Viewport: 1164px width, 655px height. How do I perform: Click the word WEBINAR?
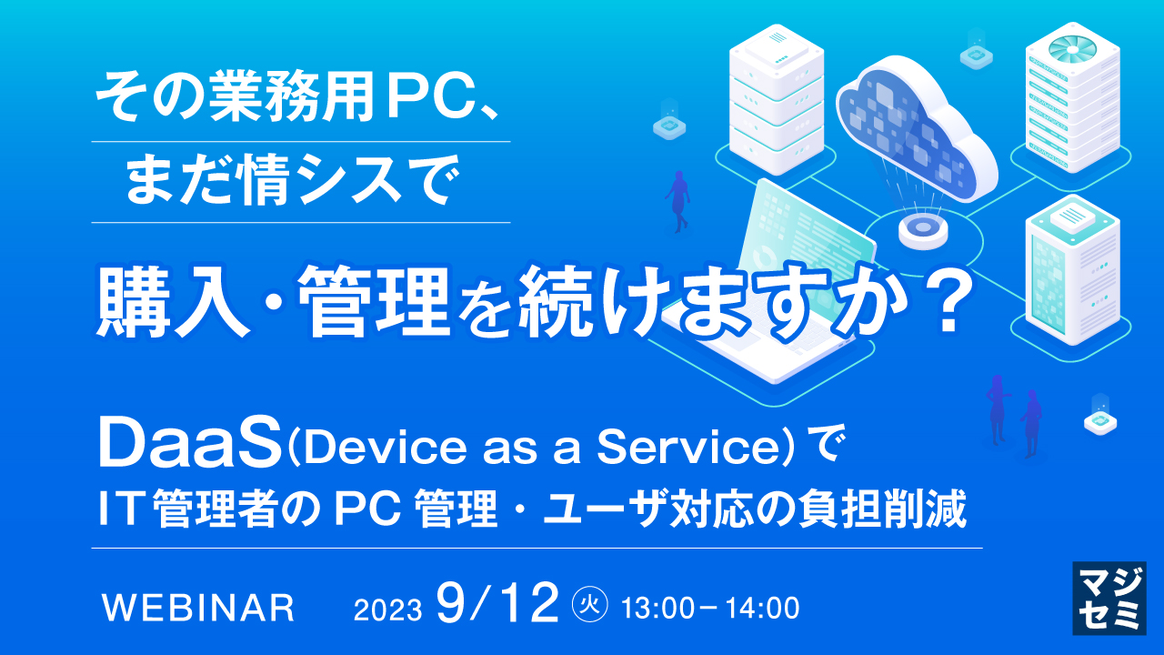pos(200,608)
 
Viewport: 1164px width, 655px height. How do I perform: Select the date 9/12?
pos(497,604)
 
